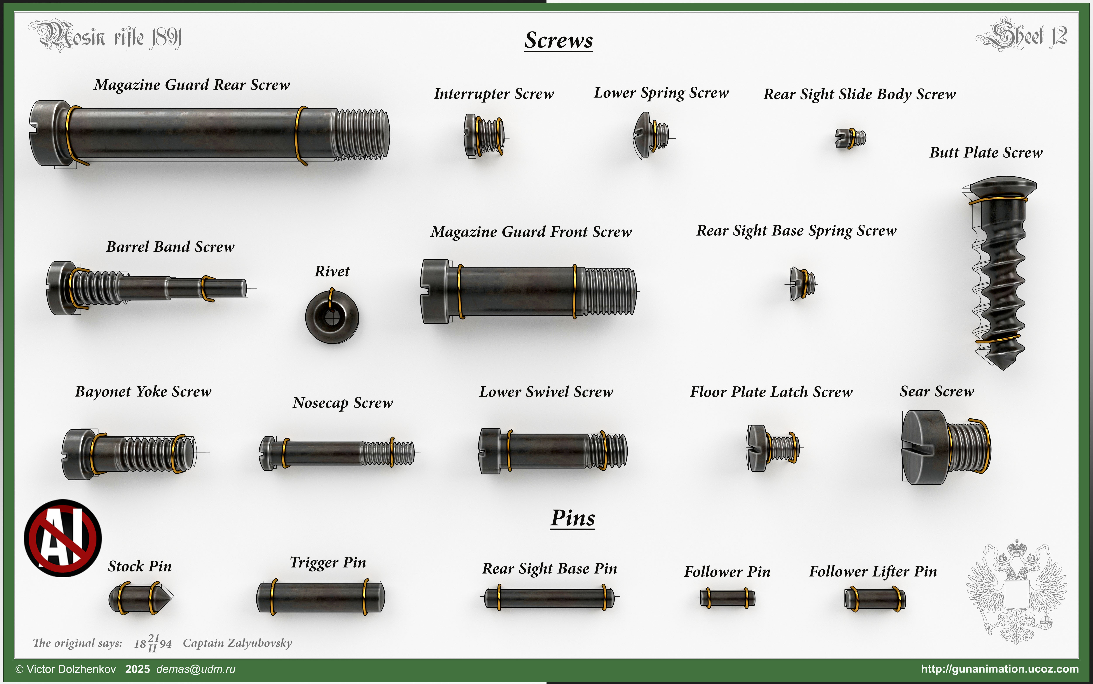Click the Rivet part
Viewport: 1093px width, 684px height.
tap(332, 317)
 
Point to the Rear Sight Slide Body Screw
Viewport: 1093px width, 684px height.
tap(851, 138)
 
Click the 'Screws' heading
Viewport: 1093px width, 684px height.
tap(559, 40)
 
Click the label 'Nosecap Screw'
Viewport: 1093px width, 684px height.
tap(343, 403)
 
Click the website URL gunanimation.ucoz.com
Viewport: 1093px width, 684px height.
tap(1000, 669)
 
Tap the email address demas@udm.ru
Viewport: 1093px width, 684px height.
tap(196, 669)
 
